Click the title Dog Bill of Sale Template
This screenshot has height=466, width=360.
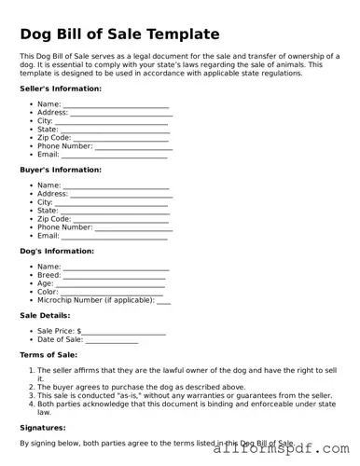coord(119,34)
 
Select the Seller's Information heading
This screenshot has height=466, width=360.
coord(61,89)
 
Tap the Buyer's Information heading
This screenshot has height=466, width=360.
coord(61,170)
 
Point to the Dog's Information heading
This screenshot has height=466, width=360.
coord(57,251)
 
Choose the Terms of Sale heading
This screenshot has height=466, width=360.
coord(48,354)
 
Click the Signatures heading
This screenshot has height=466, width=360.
coord(42,427)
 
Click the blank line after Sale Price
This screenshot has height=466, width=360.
coord(123,332)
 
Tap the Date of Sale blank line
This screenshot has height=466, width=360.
coord(112,340)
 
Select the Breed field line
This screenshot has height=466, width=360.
coord(115,276)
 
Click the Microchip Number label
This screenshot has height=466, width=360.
coord(95,300)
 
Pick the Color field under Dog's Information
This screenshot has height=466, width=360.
coord(112,293)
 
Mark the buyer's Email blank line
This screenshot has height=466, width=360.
coord(115,236)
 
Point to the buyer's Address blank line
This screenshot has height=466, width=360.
coord(121,195)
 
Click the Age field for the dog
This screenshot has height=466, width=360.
coord(110,284)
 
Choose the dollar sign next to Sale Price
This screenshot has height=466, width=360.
coord(79,331)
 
